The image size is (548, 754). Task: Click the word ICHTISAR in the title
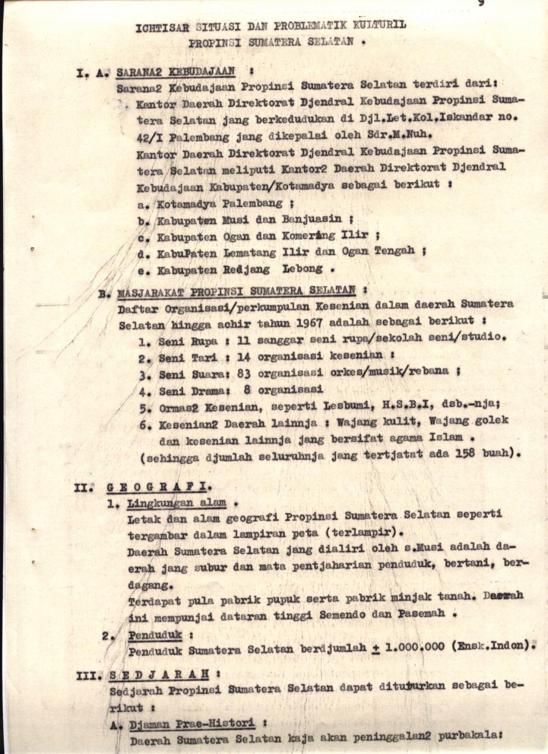tap(160, 27)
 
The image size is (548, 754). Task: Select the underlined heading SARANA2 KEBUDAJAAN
tap(176, 71)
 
